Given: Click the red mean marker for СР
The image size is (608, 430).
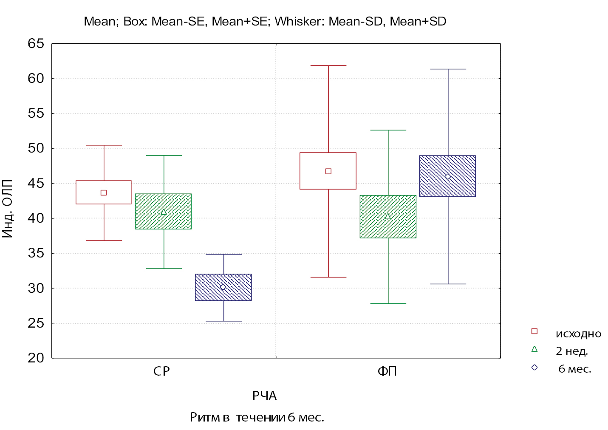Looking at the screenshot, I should point(104,192).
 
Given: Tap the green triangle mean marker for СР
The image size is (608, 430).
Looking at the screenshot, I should point(164,212).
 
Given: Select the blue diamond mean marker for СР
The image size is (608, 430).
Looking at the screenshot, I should point(223,287).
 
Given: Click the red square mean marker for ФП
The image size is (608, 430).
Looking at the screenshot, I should point(328,171).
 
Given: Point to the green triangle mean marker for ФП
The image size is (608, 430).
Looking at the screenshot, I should point(387,216).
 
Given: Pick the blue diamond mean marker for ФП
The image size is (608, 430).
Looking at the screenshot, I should point(448,176).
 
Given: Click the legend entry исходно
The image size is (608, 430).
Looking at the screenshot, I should point(578,334).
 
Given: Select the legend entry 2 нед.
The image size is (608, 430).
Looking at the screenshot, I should point(572,351).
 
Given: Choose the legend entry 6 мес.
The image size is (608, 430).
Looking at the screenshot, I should point(574,369).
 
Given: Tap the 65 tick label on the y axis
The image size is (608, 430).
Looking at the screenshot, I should point(36,43).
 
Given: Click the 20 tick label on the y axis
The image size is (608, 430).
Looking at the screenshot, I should point(36,358).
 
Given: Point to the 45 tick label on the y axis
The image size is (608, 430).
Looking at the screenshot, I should point(36,183).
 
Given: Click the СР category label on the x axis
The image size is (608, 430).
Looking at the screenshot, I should point(161,371).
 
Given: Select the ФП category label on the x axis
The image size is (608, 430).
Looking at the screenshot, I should point(387,371).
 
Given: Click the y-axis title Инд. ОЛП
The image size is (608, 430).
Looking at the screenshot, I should point(8,209).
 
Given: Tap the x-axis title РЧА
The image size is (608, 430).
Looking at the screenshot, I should point(264,396).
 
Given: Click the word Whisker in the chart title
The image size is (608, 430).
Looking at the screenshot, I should point(299,21).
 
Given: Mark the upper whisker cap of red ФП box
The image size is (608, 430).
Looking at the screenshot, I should point(328,65).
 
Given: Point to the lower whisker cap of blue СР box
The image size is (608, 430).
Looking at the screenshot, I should point(223,321).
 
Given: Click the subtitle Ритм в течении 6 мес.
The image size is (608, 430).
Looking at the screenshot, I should point(257,418).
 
